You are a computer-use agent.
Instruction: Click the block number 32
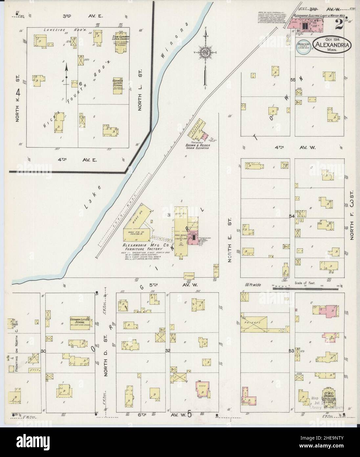tap(168, 351)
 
